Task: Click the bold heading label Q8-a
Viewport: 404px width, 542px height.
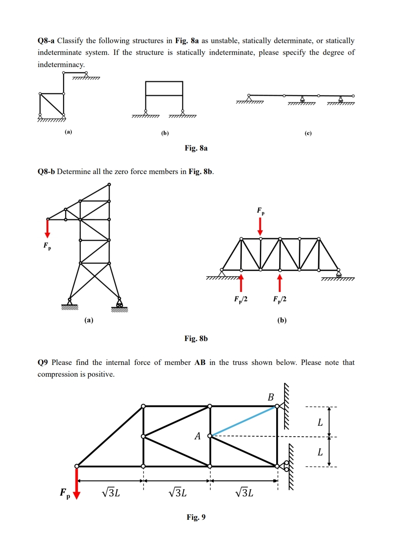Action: point(46,41)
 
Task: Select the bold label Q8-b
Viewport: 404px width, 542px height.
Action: point(46,172)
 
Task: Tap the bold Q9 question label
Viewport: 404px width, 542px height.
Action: point(43,362)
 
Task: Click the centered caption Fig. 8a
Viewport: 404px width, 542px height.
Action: point(196,148)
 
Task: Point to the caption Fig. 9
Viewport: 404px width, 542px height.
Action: point(196,517)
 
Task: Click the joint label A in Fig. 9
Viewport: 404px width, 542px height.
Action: point(197,436)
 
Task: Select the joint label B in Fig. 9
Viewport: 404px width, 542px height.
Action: point(271,397)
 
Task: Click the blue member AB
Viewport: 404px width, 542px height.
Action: point(243,421)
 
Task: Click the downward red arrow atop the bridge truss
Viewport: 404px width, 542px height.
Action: point(260,227)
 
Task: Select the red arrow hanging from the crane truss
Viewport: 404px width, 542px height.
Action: point(47,229)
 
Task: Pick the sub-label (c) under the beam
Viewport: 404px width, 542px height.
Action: point(308,133)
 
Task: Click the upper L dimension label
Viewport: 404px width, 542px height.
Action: point(320,422)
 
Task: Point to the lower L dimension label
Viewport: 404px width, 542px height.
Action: point(320,452)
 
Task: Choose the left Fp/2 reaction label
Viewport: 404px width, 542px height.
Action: point(241,299)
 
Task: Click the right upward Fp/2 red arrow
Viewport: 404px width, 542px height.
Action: point(280,282)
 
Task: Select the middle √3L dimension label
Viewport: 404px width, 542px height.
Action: point(177,493)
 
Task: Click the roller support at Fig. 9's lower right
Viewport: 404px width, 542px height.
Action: point(286,465)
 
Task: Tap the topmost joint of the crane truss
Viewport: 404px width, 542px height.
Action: point(109,184)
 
